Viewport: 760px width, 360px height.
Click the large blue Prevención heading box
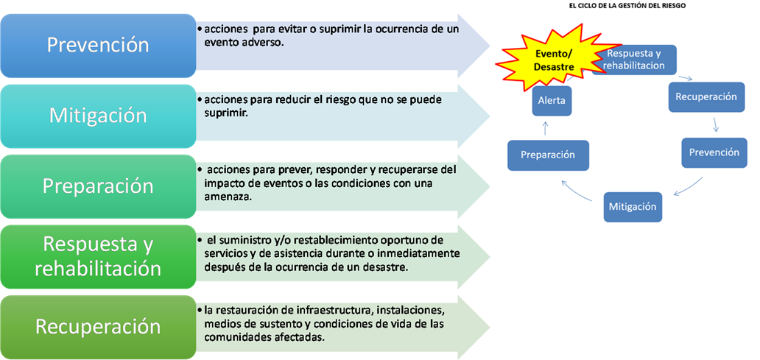[98, 46]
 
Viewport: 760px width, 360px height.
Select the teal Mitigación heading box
[98, 116]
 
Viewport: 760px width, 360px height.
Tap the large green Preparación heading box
[98, 186]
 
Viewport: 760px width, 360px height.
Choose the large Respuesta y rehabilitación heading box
[98, 257]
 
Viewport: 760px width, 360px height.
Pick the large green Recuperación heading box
[98, 327]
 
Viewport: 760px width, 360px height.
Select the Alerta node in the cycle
[552, 100]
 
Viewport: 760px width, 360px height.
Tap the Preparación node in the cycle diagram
[548, 155]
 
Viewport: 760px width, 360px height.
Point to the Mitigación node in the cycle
[633, 207]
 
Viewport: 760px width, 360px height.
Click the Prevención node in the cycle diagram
[714, 153]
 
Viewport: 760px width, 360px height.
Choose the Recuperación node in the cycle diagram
[706, 97]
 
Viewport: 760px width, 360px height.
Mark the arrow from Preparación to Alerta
[545, 128]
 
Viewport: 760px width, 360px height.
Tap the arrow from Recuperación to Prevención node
[716, 125]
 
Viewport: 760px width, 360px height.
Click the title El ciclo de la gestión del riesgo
[627, 7]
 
